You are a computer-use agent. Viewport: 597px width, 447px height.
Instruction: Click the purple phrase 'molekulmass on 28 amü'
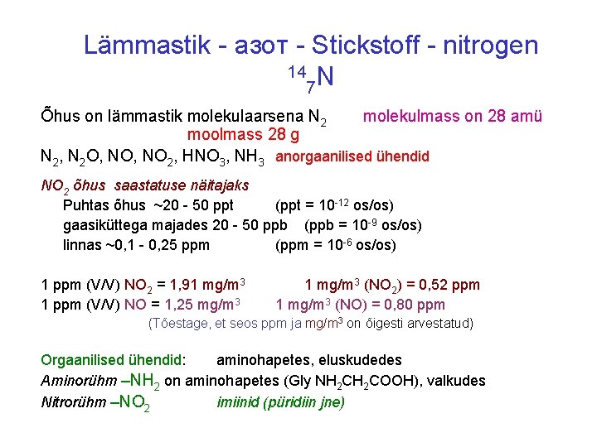453,117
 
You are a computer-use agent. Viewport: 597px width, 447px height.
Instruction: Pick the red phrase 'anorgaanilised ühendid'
352,156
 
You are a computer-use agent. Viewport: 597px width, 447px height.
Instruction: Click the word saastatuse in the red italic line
152,185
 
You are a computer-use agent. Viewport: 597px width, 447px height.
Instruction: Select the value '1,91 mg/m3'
209,286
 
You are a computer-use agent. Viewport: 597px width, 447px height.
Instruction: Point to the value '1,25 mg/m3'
203,303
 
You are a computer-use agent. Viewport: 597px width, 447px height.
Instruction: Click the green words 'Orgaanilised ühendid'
112,360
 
